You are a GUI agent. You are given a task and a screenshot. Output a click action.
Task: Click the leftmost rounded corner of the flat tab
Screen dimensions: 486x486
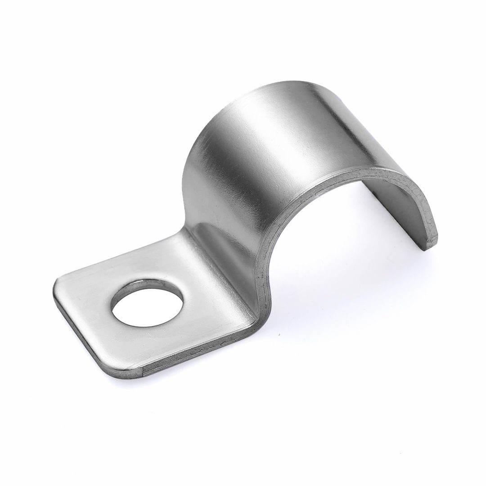(x=58, y=283)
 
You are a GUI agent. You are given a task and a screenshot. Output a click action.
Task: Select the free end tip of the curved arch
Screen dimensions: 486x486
(x=430, y=243)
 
